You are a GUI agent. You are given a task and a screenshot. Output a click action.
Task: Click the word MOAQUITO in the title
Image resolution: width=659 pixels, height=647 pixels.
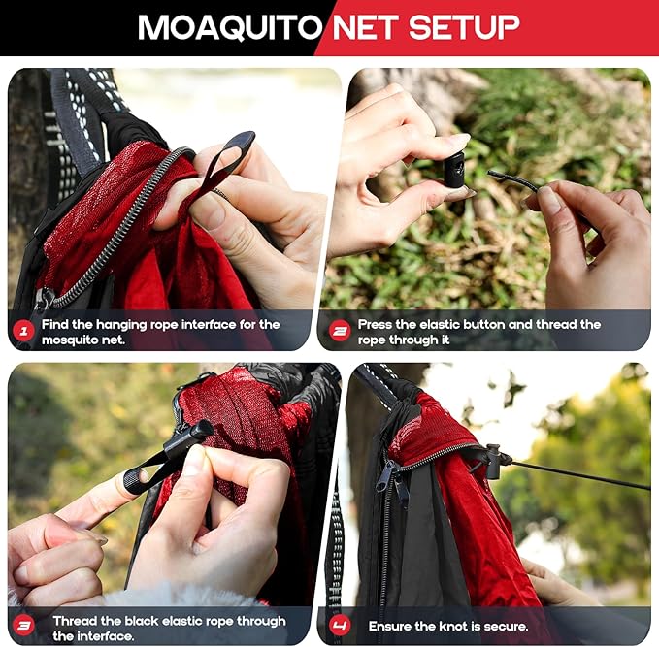(229, 27)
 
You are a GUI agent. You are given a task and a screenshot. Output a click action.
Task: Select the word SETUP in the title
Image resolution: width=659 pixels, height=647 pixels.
(462, 27)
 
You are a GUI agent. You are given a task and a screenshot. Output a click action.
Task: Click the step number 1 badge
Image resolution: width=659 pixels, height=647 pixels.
(24, 332)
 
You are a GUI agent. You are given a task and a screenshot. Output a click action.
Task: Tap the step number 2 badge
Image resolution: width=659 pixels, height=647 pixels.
(340, 332)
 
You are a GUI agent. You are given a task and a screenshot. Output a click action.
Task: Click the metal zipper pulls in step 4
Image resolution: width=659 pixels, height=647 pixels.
(393, 480)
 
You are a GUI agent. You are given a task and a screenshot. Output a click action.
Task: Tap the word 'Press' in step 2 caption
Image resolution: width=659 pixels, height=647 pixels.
(378, 324)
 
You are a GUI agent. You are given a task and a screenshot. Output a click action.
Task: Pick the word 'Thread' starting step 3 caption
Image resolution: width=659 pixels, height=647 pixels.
(76, 621)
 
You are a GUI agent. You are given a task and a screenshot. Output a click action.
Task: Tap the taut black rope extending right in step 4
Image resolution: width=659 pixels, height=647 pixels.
(582, 475)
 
